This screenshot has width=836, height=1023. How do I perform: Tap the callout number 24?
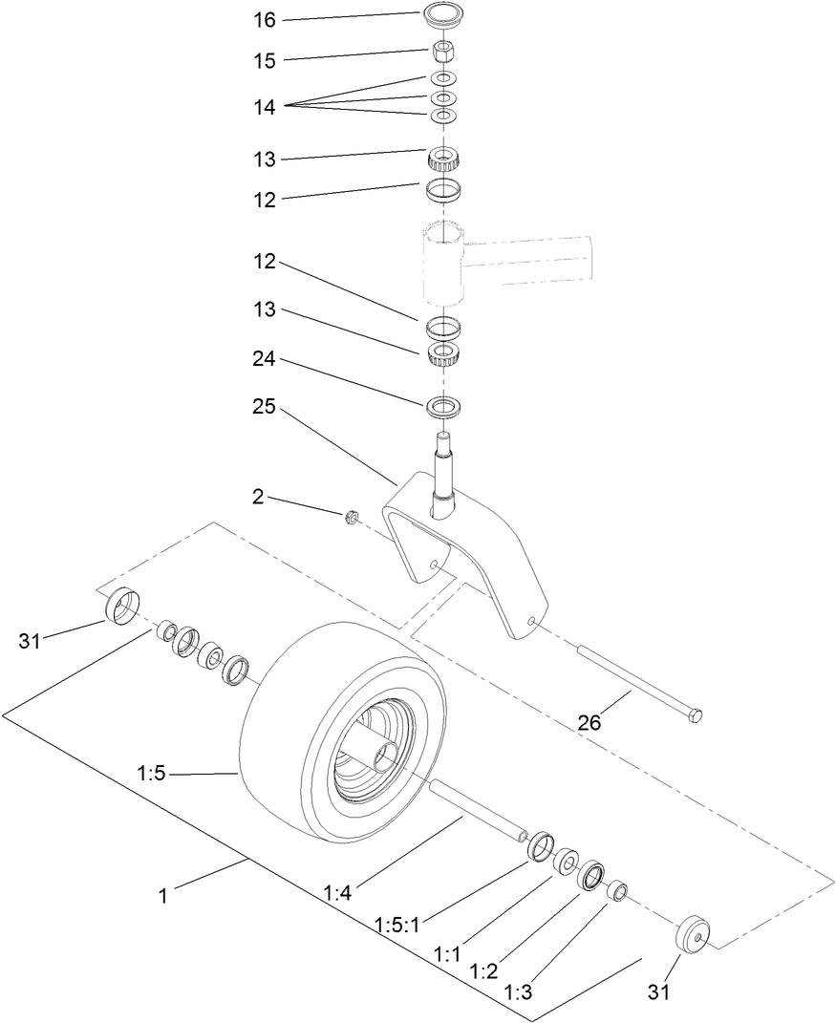[x=265, y=359]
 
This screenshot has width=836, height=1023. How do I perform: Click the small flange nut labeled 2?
[x=351, y=517]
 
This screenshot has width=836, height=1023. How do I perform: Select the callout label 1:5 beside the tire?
[x=153, y=774]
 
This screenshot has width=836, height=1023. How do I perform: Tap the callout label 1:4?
[x=337, y=893]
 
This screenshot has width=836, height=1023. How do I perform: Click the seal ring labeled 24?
[x=442, y=406]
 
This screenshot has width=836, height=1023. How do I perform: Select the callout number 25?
[x=265, y=406]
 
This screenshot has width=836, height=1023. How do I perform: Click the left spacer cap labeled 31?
[x=120, y=607]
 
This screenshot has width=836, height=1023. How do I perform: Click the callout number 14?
[x=265, y=108]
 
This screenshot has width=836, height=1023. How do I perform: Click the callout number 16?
[x=265, y=19]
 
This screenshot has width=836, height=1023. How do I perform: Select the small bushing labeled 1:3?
[x=618, y=892]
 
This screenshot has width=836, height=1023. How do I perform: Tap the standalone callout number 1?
[x=162, y=896]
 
